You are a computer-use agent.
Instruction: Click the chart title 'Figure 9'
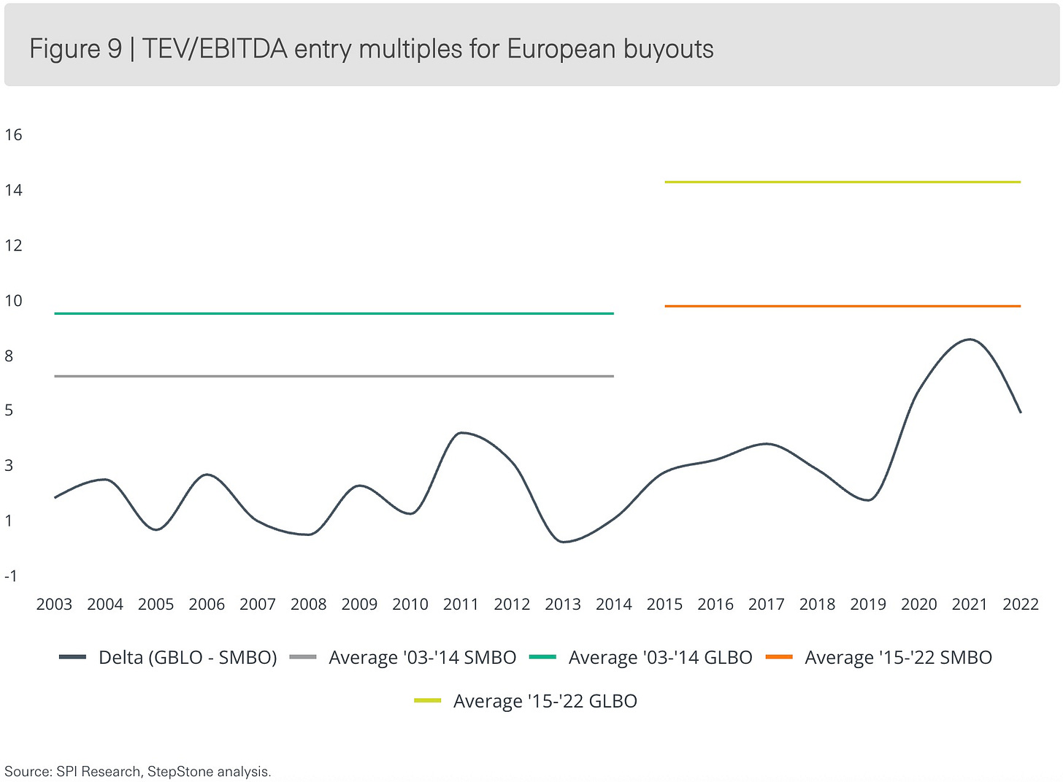76,49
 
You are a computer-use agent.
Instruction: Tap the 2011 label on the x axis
461,605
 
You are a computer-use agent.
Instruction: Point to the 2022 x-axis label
1021,605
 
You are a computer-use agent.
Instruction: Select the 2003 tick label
54,605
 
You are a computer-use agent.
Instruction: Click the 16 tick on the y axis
13,135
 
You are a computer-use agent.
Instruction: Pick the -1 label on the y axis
10,576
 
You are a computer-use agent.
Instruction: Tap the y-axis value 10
13,300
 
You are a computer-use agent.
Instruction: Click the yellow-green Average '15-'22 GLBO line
843,183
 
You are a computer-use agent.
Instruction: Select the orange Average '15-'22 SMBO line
843,306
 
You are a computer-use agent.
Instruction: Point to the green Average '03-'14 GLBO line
334,314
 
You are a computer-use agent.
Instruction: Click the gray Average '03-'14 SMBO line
334,376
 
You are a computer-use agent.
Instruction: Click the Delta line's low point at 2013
564,542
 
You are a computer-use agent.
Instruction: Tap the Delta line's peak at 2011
461,433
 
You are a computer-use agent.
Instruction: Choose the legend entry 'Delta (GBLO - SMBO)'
168,658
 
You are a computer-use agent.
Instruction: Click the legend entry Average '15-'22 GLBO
526,701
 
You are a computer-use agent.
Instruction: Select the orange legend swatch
779,657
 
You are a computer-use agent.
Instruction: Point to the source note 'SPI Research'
99,772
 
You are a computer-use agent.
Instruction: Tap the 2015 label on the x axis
664,605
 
